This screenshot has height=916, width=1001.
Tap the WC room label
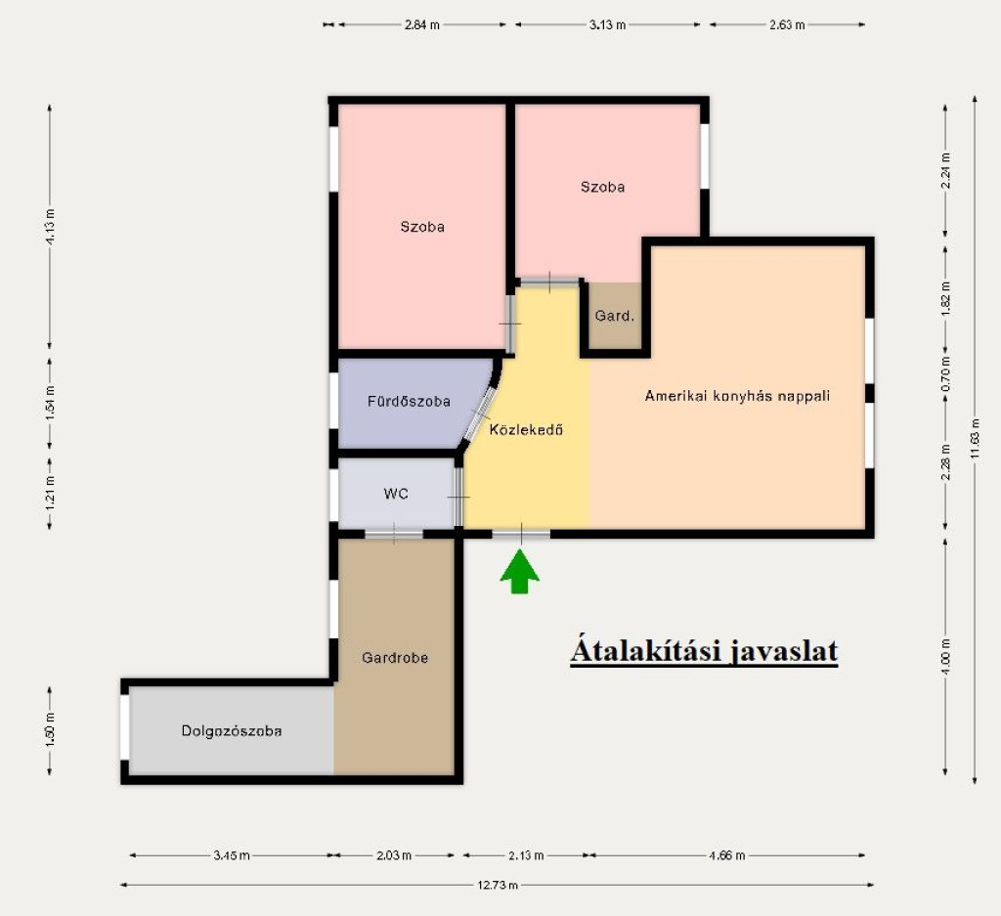[396, 494]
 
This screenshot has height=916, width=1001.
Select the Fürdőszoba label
[410, 402]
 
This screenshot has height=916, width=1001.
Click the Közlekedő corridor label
[526, 429]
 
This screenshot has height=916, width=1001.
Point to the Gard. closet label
[615, 316]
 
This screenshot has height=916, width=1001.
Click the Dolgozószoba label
[232, 731]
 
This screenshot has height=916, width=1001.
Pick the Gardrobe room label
[395, 658]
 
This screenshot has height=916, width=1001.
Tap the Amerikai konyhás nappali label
[737, 396]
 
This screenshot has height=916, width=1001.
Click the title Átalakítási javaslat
[704, 650]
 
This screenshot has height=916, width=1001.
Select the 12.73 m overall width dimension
[498, 885]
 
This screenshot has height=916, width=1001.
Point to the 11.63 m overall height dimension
[975, 439]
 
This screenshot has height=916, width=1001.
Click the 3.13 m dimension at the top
[607, 24]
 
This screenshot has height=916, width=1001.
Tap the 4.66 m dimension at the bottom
[726, 855]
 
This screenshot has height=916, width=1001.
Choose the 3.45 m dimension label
[231, 855]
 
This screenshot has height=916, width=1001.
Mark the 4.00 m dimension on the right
[945, 656]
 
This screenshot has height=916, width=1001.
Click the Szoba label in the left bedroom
[422, 227]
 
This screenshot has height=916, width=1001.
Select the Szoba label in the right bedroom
[602, 187]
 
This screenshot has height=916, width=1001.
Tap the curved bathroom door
[480, 414]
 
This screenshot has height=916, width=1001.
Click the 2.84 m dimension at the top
[422, 24]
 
